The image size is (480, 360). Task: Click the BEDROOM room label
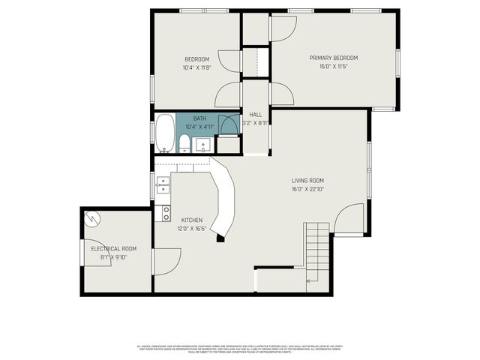(197, 59)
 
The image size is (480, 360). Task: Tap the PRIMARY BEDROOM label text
(334, 58)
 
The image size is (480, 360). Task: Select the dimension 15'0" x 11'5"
(334, 66)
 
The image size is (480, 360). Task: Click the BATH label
(199, 118)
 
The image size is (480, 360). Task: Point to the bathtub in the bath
(165, 133)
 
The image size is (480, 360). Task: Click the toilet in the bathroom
(184, 143)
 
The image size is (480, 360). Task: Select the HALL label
(255, 115)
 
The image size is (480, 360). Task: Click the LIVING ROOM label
(307, 180)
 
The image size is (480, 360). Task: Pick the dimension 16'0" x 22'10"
(307, 189)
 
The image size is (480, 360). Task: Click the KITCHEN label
(192, 220)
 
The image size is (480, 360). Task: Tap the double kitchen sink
(163, 184)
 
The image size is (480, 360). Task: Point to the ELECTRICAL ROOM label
(113, 248)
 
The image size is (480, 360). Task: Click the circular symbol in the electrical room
(92, 218)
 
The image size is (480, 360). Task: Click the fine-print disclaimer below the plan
(240, 349)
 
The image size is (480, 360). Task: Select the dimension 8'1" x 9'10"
(113, 256)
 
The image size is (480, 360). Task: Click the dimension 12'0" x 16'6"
(192, 228)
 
